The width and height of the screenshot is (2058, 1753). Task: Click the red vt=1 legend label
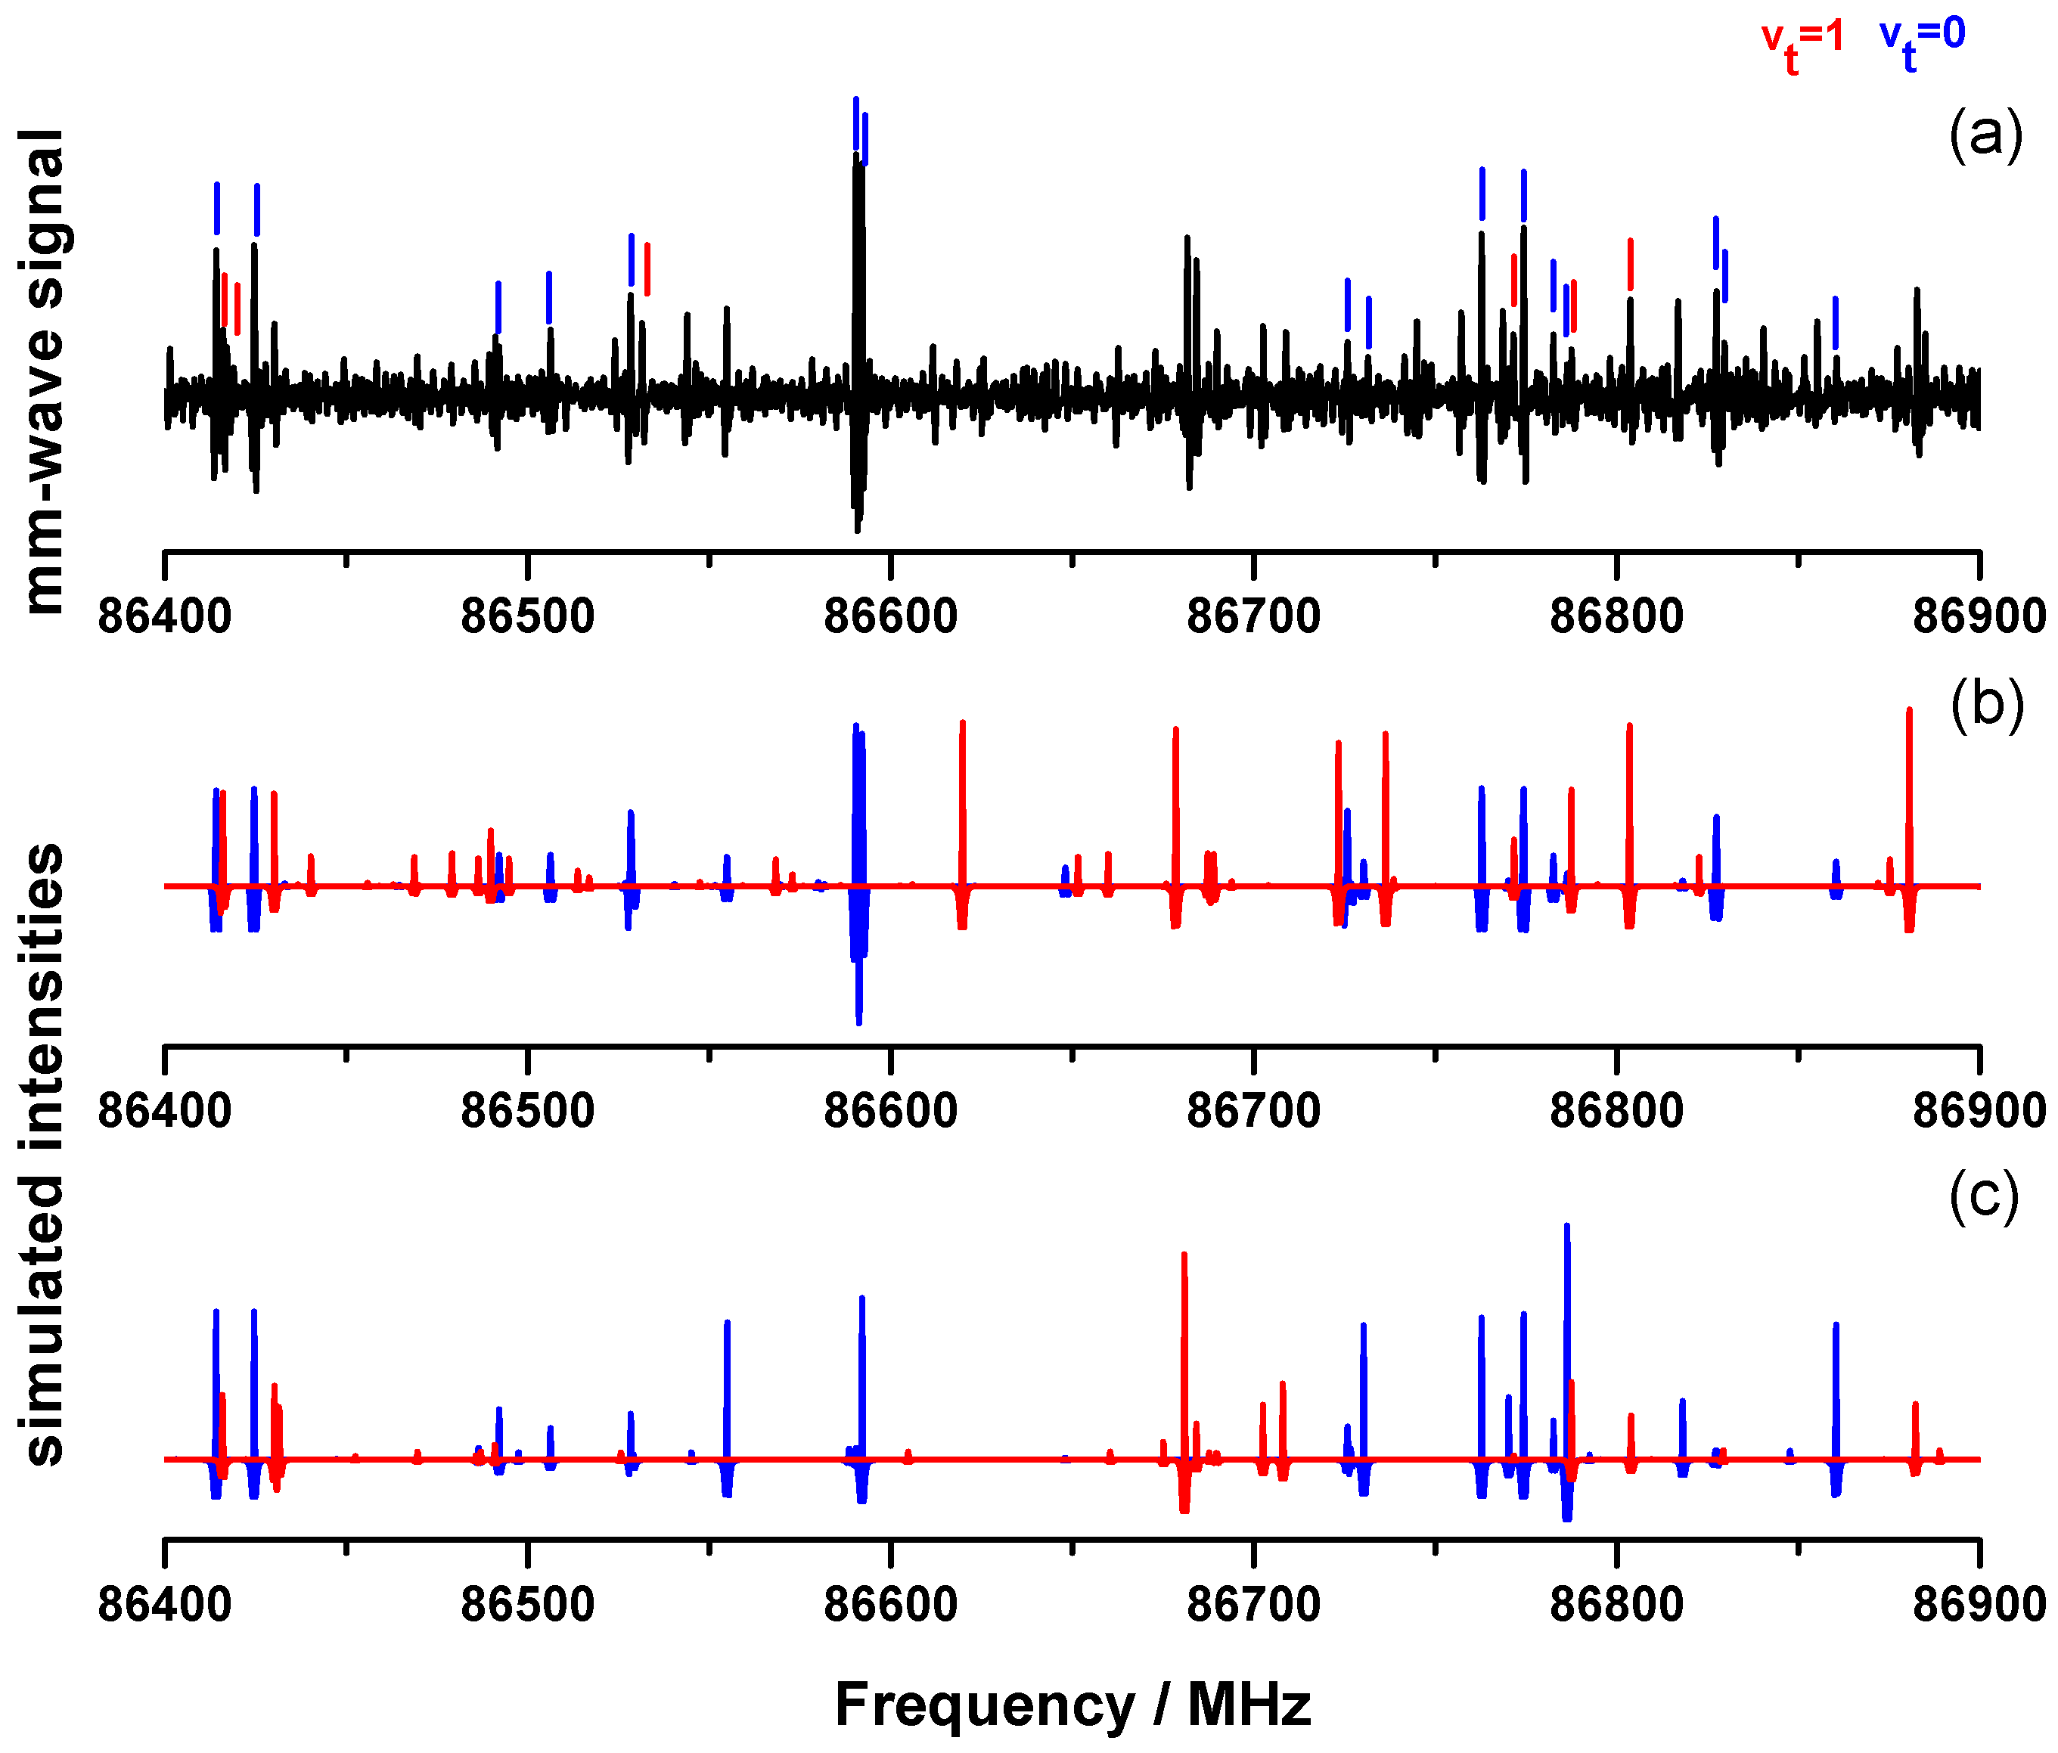click(x=1802, y=42)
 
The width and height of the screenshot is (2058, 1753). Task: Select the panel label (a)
click(x=1985, y=135)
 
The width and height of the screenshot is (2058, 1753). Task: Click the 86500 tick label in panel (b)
click(x=527, y=1110)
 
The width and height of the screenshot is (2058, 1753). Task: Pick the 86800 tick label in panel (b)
click(x=1616, y=1110)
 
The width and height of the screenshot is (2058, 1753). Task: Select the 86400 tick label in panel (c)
click(x=165, y=1604)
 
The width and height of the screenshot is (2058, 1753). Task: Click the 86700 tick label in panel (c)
click(x=1253, y=1604)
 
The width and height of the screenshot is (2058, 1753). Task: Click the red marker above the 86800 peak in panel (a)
click(x=1630, y=265)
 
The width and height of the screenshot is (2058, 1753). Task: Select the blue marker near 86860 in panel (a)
click(x=1835, y=323)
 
